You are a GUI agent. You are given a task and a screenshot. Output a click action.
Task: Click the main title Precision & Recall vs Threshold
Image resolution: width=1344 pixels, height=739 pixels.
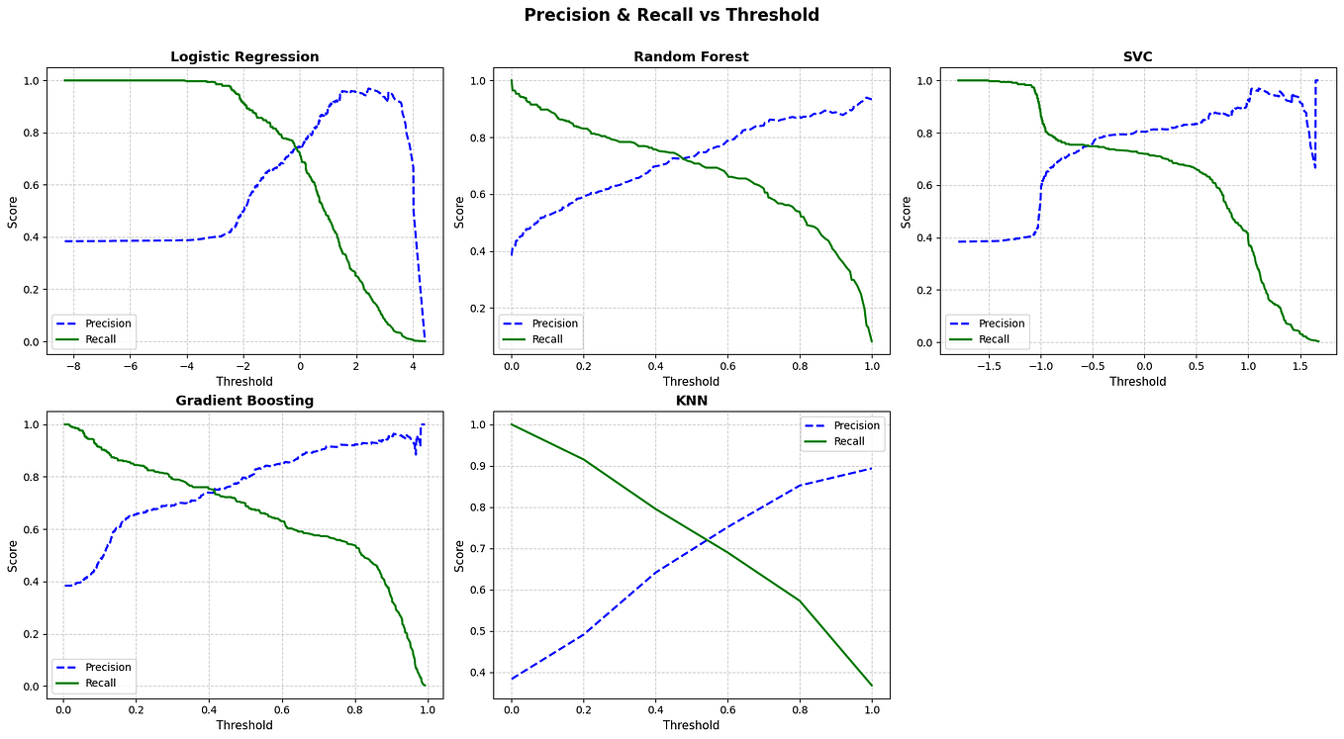click(x=671, y=15)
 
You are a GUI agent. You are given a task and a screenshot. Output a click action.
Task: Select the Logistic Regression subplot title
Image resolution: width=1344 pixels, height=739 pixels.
click(x=244, y=56)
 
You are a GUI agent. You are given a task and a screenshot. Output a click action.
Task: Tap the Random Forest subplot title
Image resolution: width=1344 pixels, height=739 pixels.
click(x=691, y=56)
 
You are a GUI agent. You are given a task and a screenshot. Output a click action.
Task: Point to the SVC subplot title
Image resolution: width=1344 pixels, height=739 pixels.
click(x=1137, y=56)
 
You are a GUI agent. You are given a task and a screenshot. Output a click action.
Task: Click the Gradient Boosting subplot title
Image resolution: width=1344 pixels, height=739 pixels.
click(x=244, y=401)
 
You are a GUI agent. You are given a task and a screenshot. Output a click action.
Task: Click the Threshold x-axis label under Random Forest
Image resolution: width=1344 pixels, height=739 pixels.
click(x=691, y=381)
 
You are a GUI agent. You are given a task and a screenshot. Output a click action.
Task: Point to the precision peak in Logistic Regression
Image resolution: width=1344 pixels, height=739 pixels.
click(x=369, y=89)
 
